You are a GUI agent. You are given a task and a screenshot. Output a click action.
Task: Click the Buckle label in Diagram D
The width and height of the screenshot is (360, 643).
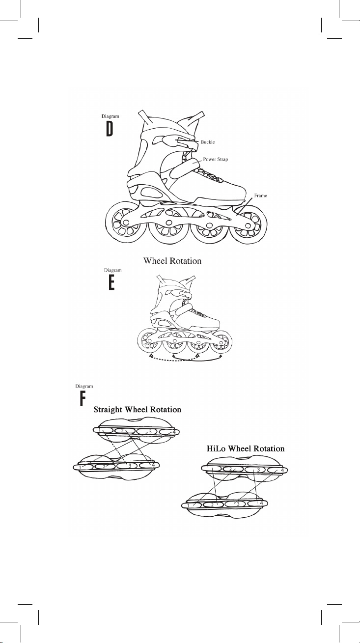208,142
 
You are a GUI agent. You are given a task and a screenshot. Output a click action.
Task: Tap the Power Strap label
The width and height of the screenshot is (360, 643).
218,159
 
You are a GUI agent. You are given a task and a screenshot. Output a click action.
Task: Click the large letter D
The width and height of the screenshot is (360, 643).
111,129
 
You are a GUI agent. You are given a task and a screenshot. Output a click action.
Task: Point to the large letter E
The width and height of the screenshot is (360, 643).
111,282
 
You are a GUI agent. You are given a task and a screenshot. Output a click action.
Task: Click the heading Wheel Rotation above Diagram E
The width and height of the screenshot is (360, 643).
172,261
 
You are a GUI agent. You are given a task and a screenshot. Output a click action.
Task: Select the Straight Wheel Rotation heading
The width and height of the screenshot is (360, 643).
138,409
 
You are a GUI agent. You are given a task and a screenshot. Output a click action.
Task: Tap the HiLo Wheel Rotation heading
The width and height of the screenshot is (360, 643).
244,448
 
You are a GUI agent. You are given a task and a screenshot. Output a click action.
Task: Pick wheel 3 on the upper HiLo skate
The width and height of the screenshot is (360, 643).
255,470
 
